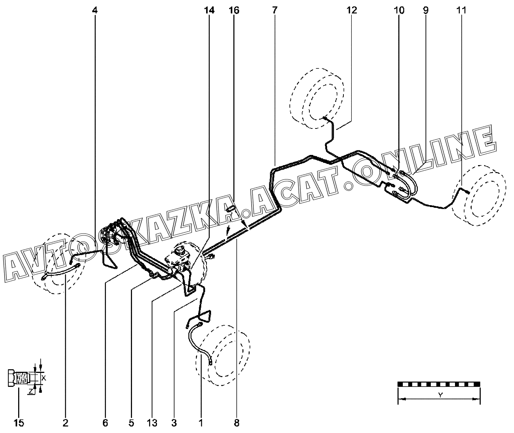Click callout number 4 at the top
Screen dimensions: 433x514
[x=95, y=10]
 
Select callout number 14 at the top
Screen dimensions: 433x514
[x=209, y=10]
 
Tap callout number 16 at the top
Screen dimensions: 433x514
[x=234, y=10]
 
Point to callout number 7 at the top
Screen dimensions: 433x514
[x=274, y=10]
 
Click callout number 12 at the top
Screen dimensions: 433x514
[x=351, y=10]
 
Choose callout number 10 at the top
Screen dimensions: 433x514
[x=399, y=10]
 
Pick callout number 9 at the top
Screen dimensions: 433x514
[x=425, y=10]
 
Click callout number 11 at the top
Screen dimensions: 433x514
[x=461, y=10]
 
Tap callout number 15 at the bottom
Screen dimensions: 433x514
[x=19, y=423]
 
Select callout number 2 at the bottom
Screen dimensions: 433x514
[x=65, y=423]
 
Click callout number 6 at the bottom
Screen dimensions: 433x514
[x=105, y=423]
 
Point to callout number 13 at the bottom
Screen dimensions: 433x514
[x=152, y=423]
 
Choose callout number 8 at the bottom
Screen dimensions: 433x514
[x=237, y=423]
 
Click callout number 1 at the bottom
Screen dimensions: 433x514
[x=201, y=423]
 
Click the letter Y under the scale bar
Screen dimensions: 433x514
[x=440, y=395]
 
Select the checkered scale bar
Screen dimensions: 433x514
[x=439, y=384]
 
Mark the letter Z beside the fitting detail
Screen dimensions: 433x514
[x=30, y=392]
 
